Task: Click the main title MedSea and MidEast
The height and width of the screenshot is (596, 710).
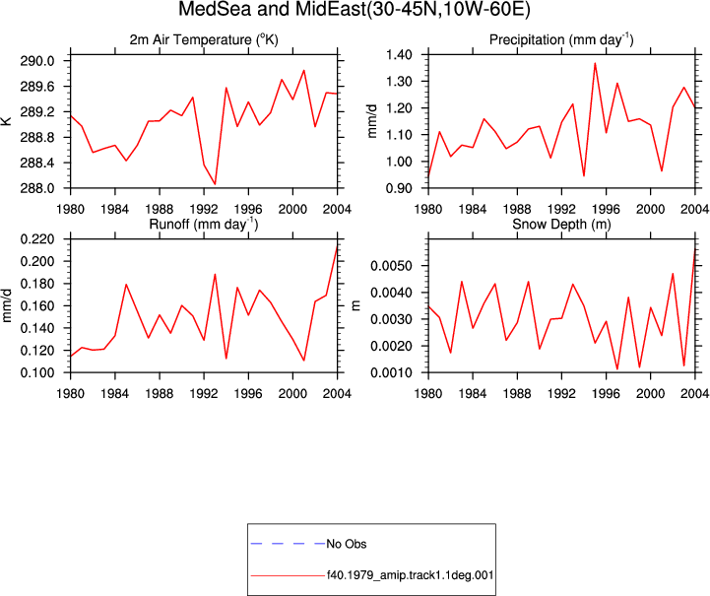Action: click(x=355, y=9)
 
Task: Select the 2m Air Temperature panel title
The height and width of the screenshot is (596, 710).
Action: click(x=204, y=39)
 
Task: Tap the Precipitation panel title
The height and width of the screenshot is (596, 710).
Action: click(x=561, y=39)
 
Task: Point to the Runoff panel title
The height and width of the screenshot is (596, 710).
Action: click(x=204, y=225)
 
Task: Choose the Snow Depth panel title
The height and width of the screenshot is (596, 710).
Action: click(x=561, y=225)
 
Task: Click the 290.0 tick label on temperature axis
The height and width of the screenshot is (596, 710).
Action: click(x=37, y=61)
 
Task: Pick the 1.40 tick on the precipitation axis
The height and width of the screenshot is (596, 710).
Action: click(x=399, y=55)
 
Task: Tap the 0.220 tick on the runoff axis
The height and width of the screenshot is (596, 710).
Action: click(x=37, y=239)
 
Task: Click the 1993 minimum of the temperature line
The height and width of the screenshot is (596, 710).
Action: click(x=215, y=184)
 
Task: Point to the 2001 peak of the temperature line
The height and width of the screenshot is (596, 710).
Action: click(x=304, y=70)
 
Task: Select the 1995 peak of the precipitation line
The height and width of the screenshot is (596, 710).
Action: click(x=595, y=63)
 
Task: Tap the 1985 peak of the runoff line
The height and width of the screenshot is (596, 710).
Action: click(x=126, y=285)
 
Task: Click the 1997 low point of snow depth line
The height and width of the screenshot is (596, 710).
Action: click(x=617, y=369)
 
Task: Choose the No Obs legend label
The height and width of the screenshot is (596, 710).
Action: click(x=347, y=544)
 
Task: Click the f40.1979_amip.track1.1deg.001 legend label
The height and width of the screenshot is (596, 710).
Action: click(x=410, y=575)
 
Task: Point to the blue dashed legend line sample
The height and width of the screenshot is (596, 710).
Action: click(x=288, y=544)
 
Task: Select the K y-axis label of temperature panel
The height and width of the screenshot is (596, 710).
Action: click(x=6, y=121)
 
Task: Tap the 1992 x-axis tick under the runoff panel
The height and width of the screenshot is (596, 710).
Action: click(x=204, y=394)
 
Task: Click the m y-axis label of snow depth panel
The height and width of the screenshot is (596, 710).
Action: click(x=355, y=305)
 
